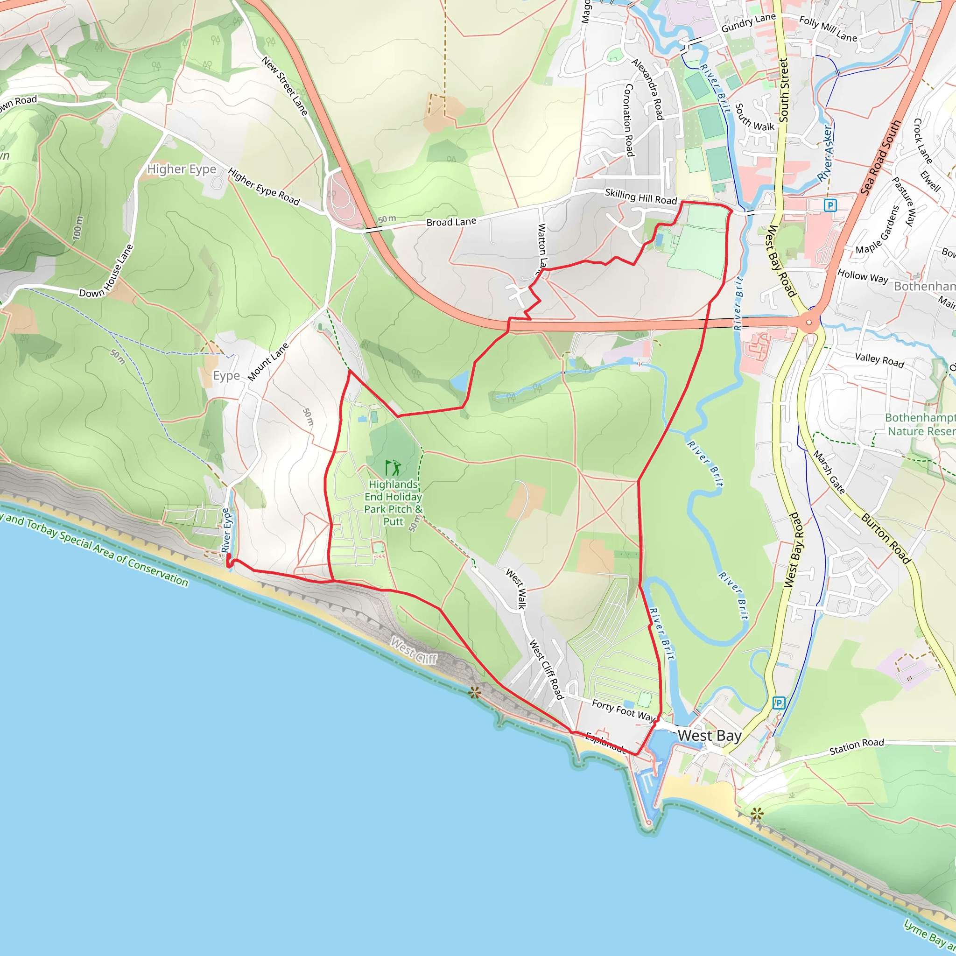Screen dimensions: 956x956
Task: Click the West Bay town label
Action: pos(709,736)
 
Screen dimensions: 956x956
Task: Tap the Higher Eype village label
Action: pos(182,169)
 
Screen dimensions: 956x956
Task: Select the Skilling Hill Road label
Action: pos(640,197)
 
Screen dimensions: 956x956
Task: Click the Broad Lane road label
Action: pos(451,222)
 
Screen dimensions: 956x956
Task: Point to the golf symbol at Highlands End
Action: pos(394,467)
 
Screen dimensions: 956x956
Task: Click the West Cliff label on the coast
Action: pos(414,651)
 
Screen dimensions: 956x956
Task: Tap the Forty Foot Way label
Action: pos(623,710)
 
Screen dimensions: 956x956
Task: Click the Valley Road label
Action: pos(879,360)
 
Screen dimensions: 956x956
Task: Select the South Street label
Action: pos(784,90)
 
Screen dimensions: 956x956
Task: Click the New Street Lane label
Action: pos(285,86)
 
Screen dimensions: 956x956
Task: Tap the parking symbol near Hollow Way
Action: pos(830,205)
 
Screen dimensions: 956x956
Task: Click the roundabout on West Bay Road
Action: pos(808,322)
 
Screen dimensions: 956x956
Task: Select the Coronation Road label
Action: pos(629,120)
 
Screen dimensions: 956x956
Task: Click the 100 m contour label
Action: pos(77,228)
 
